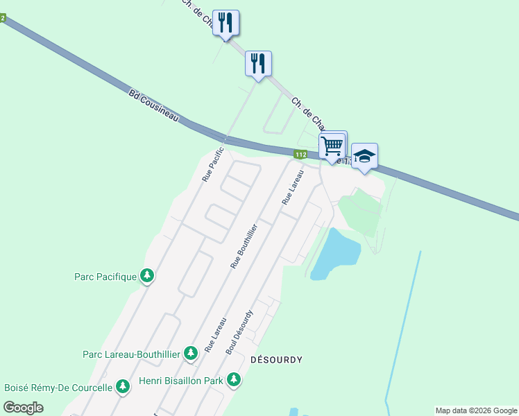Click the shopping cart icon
pos(332,146)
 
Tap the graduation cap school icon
pos(364,156)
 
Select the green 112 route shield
pos(300,154)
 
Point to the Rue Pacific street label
pos(213,164)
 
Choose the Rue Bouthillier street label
pos(244,245)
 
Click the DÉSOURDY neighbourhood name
pos(276,360)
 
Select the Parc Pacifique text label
pos(105,277)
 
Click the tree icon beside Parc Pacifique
pos(147,276)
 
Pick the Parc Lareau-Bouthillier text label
pos(131,354)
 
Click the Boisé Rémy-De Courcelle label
pos(58,388)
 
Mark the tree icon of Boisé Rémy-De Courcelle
pos(123,386)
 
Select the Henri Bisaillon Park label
pos(180,381)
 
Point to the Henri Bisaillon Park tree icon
pos(235,380)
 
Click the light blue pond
pos(335,254)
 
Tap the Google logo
pos(24,408)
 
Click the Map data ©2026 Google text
pos(477,410)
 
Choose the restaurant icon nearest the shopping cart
pos(258,63)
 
